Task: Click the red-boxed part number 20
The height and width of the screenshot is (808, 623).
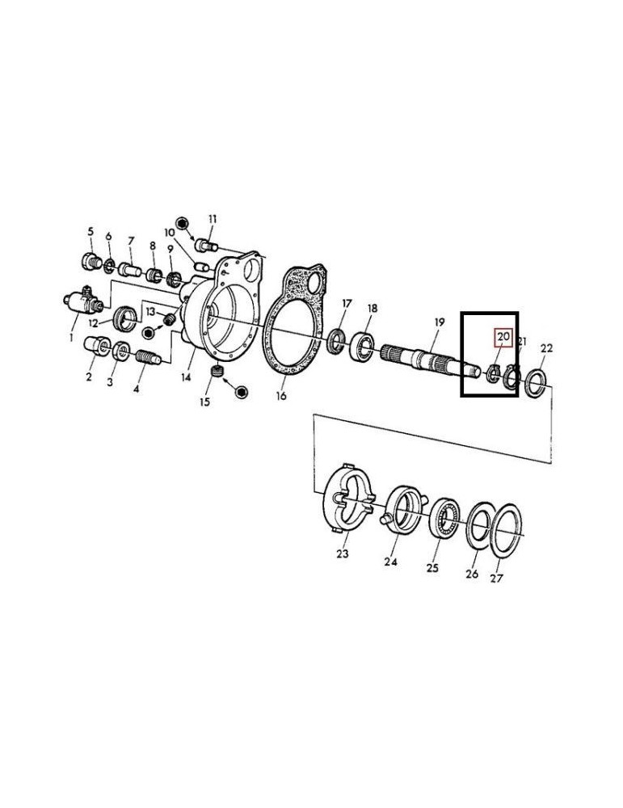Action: pyautogui.click(x=503, y=336)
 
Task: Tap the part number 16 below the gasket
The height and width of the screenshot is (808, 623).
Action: pyautogui.click(x=281, y=396)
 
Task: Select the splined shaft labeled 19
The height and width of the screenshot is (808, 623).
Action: pyautogui.click(x=431, y=359)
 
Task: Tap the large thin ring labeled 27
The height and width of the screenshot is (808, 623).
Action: pyautogui.click(x=504, y=531)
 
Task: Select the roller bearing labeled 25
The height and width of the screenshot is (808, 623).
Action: pyautogui.click(x=444, y=519)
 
